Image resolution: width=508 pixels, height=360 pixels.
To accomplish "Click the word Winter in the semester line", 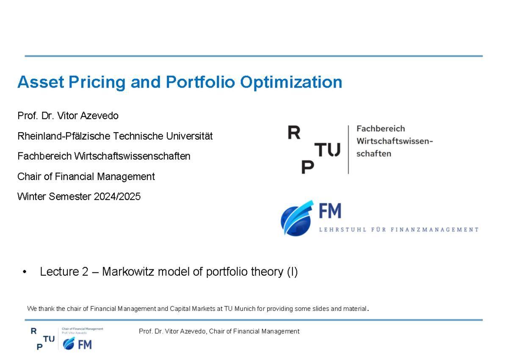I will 31,197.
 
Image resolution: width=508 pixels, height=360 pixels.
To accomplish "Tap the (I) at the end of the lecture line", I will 292,272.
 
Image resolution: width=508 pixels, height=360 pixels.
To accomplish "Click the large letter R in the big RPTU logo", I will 294,133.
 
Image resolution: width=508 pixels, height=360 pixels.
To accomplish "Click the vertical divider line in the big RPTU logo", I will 348,149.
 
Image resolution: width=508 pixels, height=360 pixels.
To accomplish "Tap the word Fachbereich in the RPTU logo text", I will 381,128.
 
